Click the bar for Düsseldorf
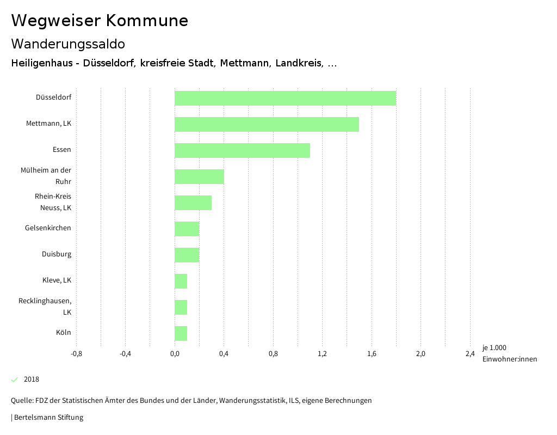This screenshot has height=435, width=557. [285, 99]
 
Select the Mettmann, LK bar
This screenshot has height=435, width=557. [267, 125]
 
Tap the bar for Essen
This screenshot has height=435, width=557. [242, 151]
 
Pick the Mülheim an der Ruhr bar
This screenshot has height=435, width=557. [199, 177]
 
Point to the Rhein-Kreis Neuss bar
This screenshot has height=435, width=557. [193, 203]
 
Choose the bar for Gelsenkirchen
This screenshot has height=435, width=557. [187, 229]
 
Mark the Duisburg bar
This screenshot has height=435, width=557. [187, 255]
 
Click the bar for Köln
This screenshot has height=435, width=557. [181, 334]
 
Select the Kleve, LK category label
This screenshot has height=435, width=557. [57, 280]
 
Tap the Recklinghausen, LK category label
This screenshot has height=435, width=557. [45, 307]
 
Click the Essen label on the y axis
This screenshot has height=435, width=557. [62, 150]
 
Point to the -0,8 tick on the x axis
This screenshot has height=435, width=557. [77, 354]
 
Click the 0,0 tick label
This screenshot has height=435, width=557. [175, 354]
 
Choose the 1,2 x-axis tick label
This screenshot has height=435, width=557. [322, 354]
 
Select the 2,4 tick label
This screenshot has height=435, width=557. [470, 354]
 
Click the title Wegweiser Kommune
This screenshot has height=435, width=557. [100, 21]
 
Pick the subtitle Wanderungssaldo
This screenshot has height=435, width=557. [68, 44]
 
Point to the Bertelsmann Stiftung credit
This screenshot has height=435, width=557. [48, 418]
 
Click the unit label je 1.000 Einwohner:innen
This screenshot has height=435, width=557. [509, 353]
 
